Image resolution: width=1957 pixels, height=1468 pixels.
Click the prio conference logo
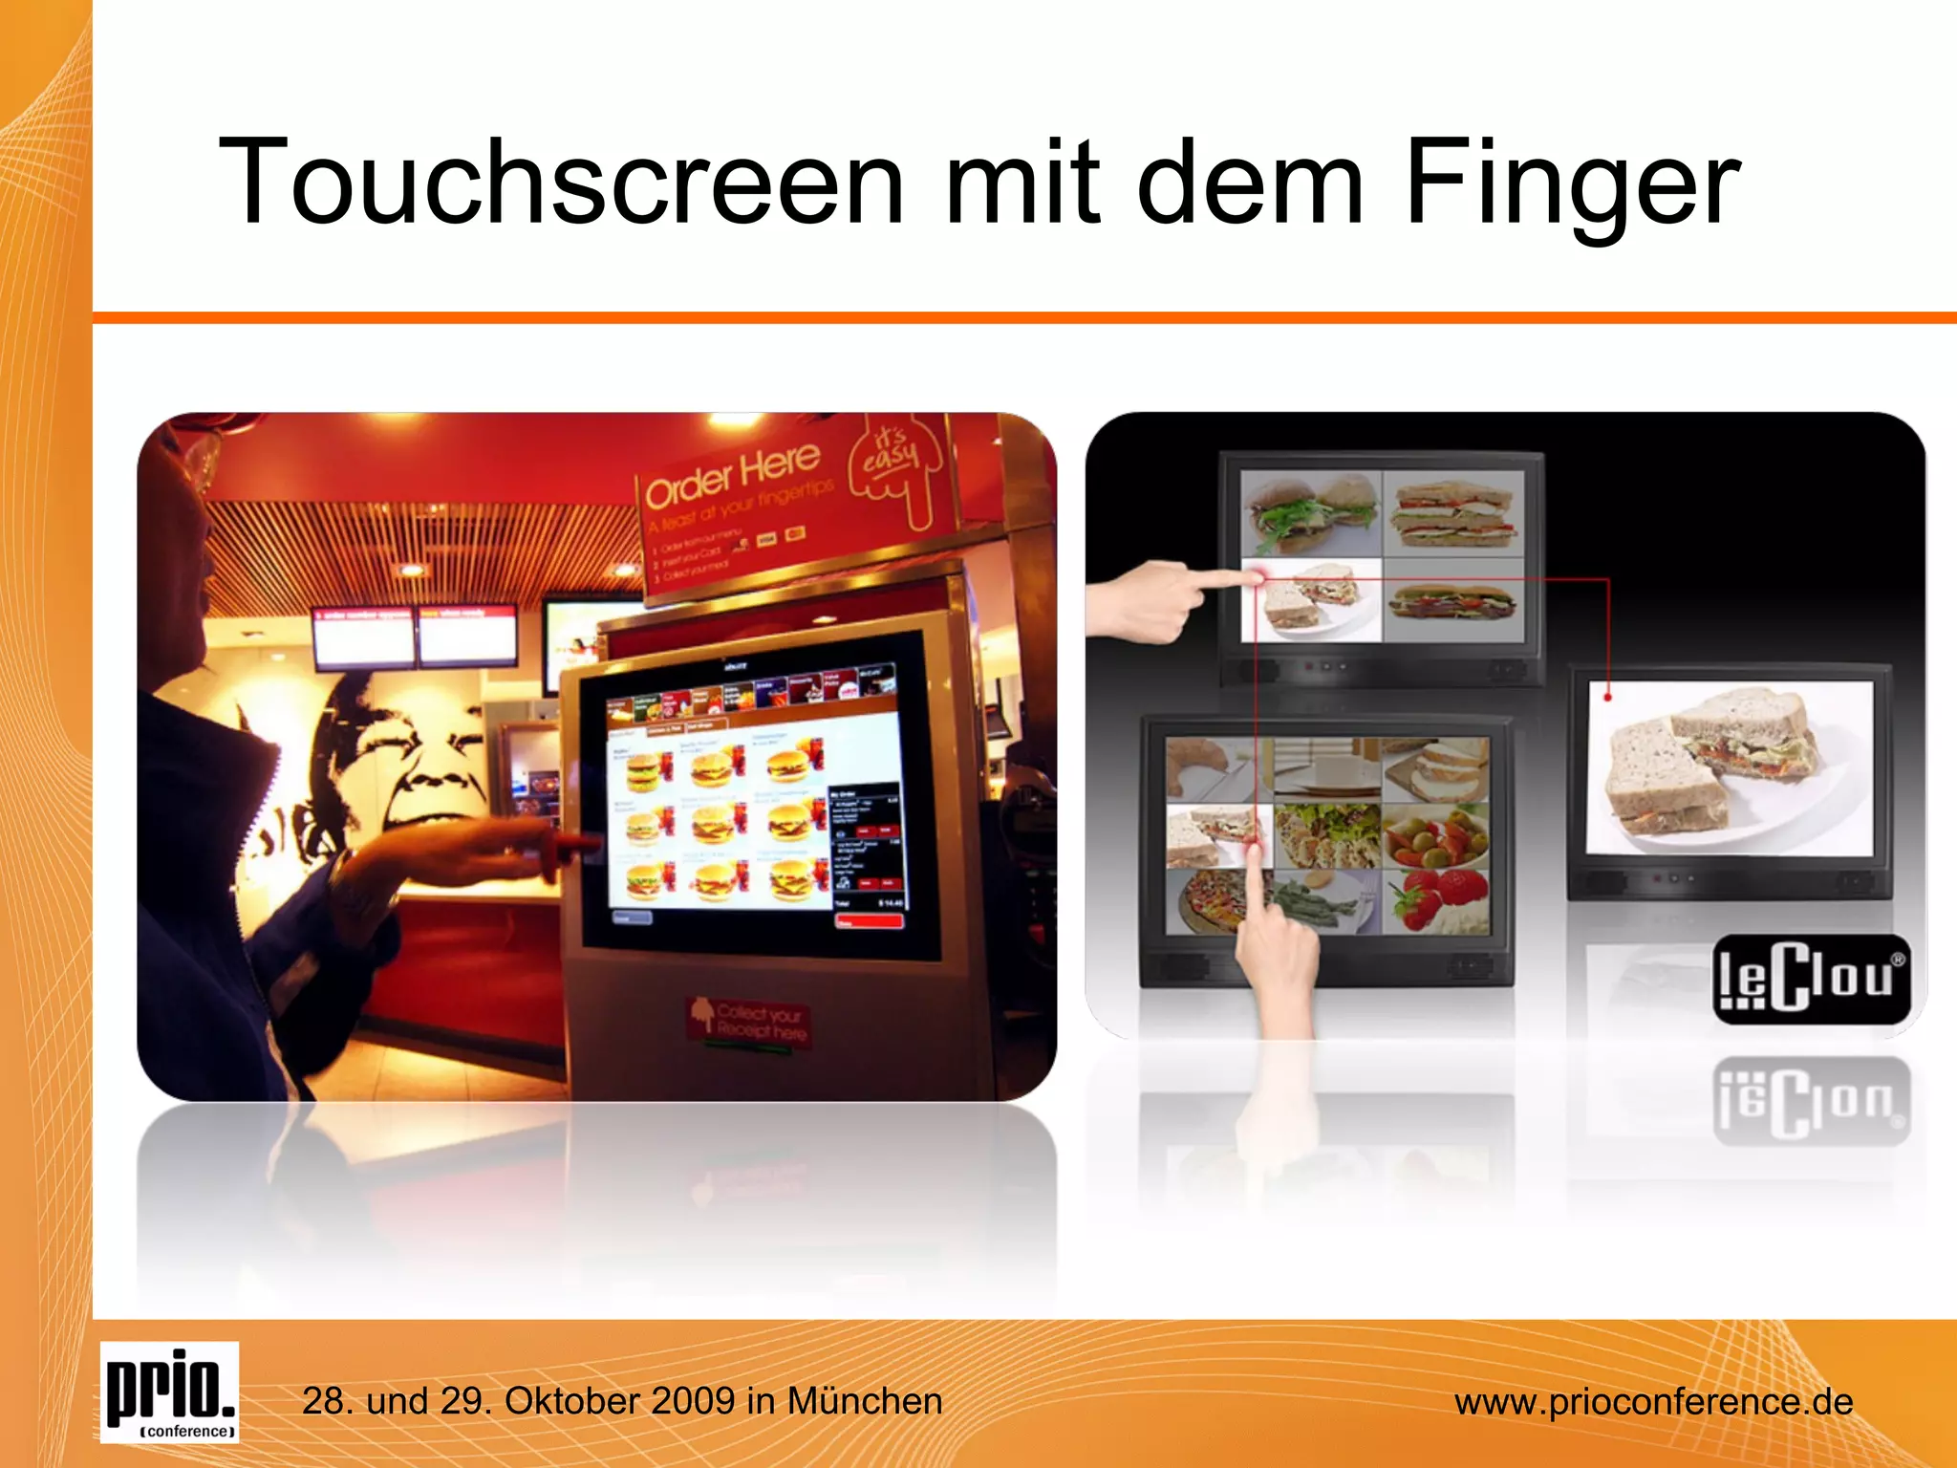[x=170, y=1392]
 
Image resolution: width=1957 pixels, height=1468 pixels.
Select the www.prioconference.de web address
[x=1653, y=1402]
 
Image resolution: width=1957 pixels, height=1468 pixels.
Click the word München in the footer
[x=865, y=1401]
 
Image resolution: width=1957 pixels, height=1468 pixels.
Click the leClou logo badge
[x=1811, y=979]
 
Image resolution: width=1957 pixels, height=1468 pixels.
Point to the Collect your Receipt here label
[x=751, y=1022]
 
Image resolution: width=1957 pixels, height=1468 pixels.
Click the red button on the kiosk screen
[x=868, y=921]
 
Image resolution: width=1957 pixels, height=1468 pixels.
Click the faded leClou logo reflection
[x=1811, y=1099]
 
